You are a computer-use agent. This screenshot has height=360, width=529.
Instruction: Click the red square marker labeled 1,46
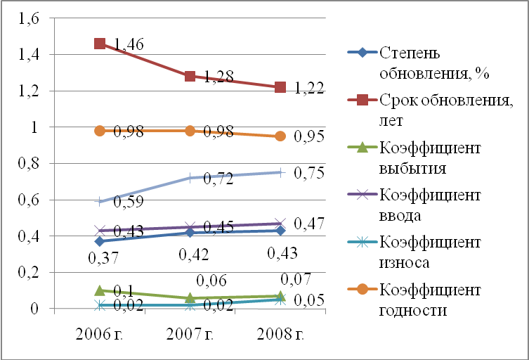click(x=100, y=44)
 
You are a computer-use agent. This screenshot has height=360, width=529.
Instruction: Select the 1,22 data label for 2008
click(x=309, y=89)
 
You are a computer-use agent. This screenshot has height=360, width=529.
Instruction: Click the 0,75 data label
click(x=309, y=173)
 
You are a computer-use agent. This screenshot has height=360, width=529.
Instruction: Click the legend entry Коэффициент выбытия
click(x=429, y=159)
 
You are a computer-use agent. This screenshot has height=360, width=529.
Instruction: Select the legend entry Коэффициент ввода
click(x=429, y=205)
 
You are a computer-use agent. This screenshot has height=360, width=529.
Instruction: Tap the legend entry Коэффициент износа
click(x=429, y=252)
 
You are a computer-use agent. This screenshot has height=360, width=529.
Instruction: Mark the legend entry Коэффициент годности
click(x=429, y=300)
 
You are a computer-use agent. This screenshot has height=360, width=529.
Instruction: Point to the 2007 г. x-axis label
click(x=190, y=333)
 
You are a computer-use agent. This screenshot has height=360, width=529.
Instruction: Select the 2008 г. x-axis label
click(x=280, y=333)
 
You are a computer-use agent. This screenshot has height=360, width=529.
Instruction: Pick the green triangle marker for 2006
click(x=100, y=290)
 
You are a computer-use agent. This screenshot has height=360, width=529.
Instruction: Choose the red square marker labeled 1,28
click(x=190, y=76)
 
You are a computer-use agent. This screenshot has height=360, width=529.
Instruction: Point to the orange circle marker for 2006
click(x=100, y=131)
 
